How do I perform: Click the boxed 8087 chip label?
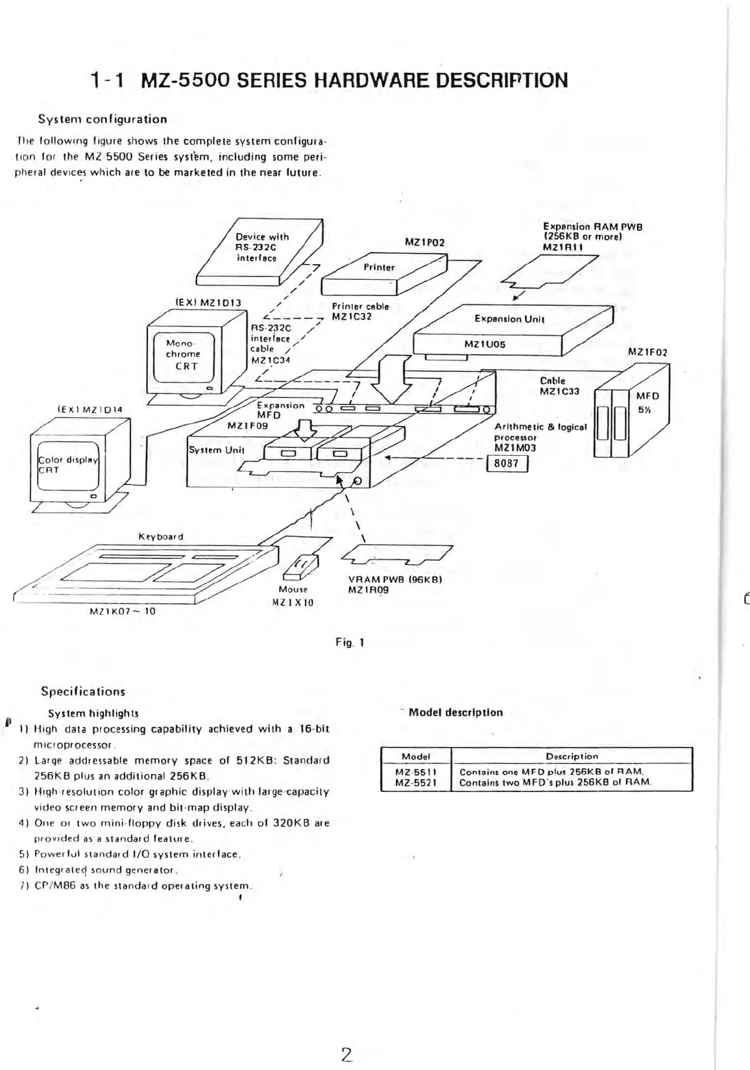[507, 464]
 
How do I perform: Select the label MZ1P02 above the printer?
[424, 242]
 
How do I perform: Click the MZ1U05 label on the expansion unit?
[484, 343]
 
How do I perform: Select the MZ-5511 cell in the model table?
[416, 771]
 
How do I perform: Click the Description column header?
[572, 756]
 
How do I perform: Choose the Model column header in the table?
[416, 756]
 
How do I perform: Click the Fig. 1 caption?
[349, 642]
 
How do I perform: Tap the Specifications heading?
[82, 691]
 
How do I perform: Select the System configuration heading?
[102, 119]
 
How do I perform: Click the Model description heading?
[455, 712]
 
